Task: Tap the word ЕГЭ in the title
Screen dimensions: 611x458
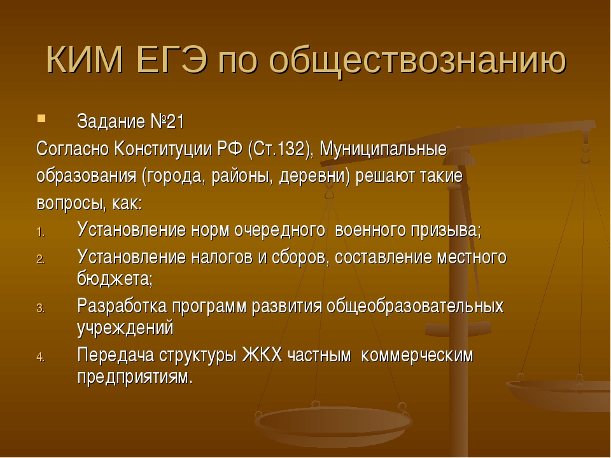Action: (x=171, y=60)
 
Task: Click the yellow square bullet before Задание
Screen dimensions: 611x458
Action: (x=41, y=118)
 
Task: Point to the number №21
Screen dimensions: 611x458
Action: (x=167, y=121)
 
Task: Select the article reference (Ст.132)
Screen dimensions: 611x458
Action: (x=281, y=149)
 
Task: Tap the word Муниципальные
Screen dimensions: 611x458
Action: (x=383, y=149)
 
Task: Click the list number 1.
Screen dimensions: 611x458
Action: (x=41, y=233)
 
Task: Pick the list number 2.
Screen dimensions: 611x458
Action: (x=41, y=260)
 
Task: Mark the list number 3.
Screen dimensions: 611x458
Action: (x=41, y=309)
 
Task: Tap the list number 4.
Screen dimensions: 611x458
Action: (x=41, y=357)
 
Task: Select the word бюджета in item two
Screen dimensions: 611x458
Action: (x=115, y=279)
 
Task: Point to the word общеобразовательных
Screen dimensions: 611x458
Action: (x=415, y=307)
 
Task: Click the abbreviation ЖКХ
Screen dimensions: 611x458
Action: (x=262, y=355)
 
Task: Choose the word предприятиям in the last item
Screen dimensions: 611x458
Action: (x=135, y=377)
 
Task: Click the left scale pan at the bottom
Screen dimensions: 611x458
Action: (x=332, y=422)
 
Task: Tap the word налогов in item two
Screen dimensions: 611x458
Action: (x=221, y=258)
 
